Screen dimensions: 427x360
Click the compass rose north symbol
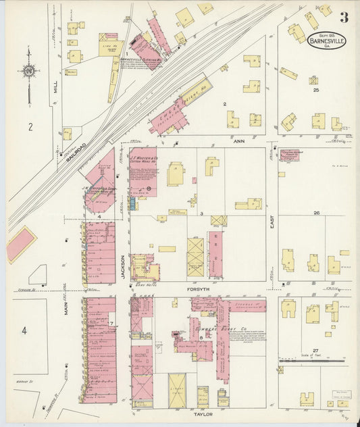tap(28, 70)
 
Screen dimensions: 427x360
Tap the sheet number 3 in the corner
tap(344, 17)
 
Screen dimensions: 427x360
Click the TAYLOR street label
tap(204, 413)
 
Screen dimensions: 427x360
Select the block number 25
tap(315, 89)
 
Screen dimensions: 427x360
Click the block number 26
tap(315, 213)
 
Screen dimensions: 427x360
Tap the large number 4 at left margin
tap(24, 330)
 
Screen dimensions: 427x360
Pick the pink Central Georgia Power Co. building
tap(289, 155)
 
